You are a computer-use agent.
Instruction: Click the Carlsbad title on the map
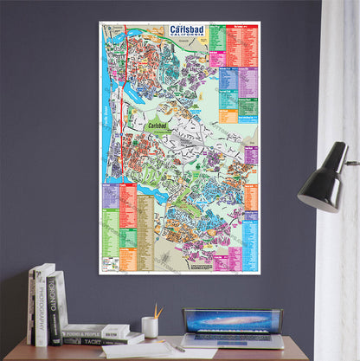(187, 29)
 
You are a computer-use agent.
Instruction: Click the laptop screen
(232, 321)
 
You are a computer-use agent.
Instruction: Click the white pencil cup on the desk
(150, 326)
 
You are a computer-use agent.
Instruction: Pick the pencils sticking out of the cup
(157, 311)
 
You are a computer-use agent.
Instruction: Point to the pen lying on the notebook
(175, 347)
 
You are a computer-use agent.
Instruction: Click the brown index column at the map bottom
(145, 234)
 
